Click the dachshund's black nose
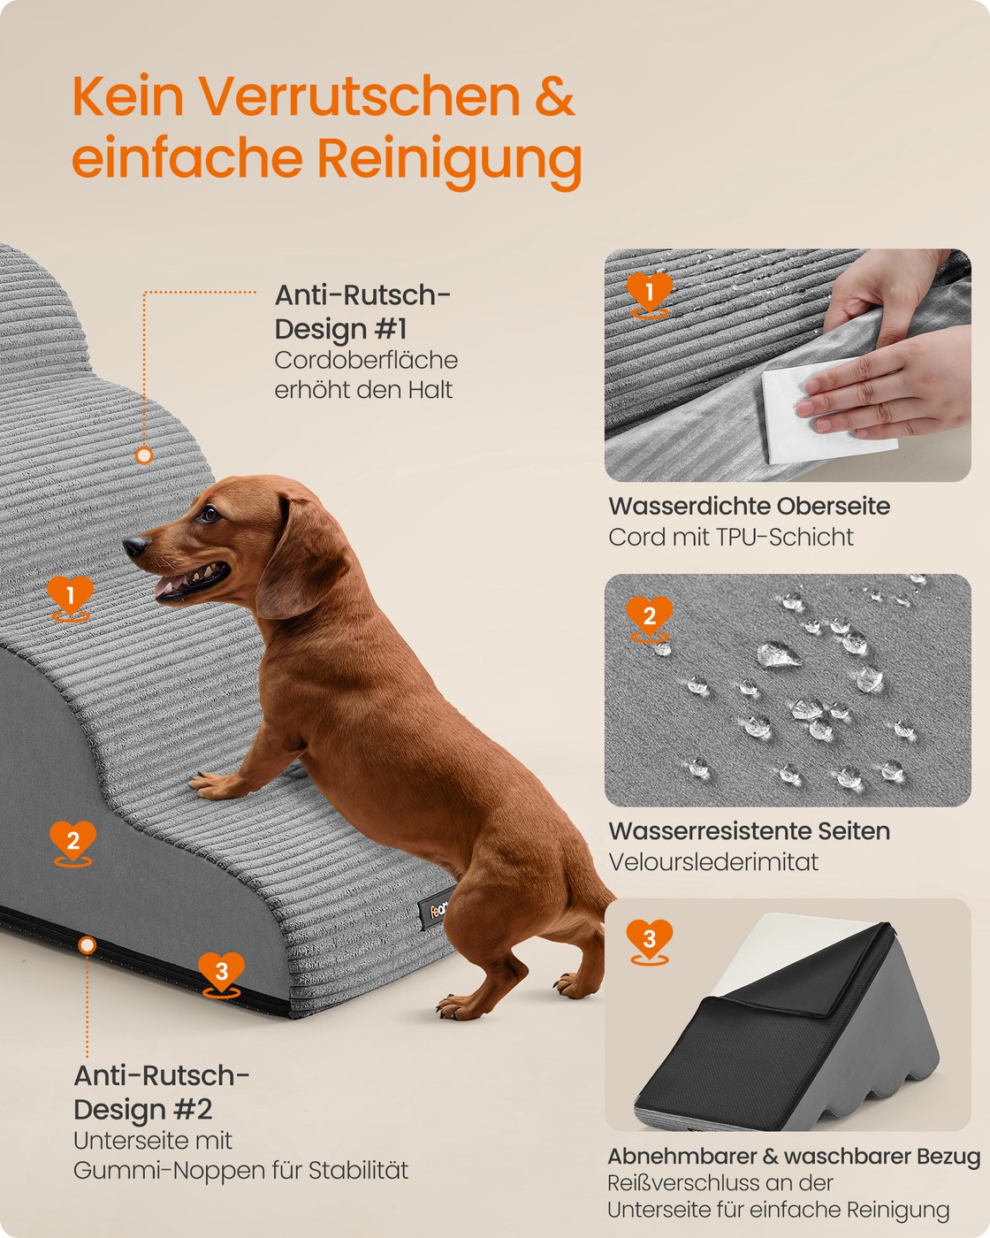pyautogui.click(x=135, y=545)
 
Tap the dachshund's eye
pyautogui.click(x=209, y=514)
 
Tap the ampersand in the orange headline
pyautogui.click(x=554, y=96)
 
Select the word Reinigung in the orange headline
pyautogui.click(x=449, y=161)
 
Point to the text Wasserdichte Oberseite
pyautogui.click(x=749, y=506)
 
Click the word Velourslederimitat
pyautogui.click(x=713, y=862)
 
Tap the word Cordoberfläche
pyautogui.click(x=366, y=361)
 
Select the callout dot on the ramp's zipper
pyautogui.click(x=88, y=944)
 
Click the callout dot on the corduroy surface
pyautogui.click(x=144, y=455)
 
